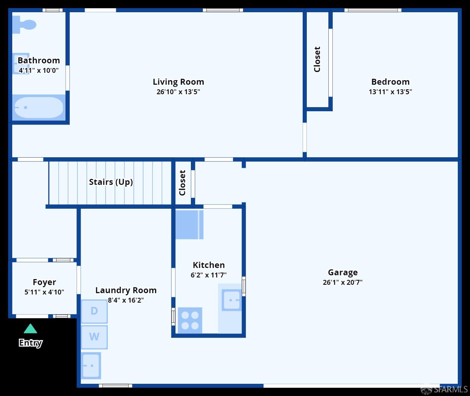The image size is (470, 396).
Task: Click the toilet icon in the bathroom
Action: (x=24, y=24)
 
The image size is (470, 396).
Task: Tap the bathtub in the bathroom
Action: (x=39, y=107)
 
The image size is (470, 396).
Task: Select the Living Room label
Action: (x=178, y=82)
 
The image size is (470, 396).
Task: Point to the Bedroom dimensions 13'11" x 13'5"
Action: (x=390, y=92)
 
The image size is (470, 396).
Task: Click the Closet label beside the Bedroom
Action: (x=317, y=60)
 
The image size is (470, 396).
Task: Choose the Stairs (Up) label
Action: (x=111, y=182)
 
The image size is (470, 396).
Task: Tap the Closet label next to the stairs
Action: (x=182, y=183)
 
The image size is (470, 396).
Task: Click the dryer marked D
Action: (x=94, y=311)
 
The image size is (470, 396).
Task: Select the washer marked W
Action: (x=94, y=337)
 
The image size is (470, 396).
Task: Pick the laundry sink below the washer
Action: (x=91, y=366)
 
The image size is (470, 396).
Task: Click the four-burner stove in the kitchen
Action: (x=190, y=320)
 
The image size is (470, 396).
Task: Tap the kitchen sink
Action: (x=232, y=300)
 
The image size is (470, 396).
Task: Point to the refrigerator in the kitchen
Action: (x=189, y=224)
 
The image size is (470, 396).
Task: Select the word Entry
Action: (x=30, y=343)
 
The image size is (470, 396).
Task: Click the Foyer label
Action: (x=44, y=282)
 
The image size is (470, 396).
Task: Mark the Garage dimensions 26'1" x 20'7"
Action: (x=342, y=282)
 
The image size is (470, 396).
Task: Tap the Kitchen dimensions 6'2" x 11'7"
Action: (x=209, y=275)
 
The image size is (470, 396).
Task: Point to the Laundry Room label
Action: (x=126, y=290)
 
